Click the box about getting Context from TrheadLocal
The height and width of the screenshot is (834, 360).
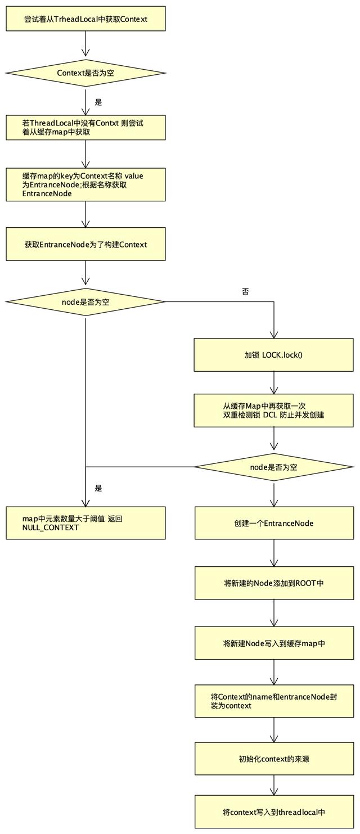(85, 19)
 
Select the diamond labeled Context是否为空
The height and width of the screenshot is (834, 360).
(85, 73)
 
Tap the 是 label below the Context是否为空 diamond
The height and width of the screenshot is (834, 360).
(98, 102)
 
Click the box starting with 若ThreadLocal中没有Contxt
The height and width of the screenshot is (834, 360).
(85, 128)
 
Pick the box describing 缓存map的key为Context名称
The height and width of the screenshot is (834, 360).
(85, 184)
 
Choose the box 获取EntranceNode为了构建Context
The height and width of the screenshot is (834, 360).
(85, 244)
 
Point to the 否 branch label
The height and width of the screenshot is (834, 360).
(245, 292)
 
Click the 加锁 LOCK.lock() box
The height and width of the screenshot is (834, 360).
(274, 355)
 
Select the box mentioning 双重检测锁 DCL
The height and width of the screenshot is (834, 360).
(274, 411)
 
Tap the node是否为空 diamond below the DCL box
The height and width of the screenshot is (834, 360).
(274, 467)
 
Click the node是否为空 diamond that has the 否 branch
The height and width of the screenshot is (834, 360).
(85, 302)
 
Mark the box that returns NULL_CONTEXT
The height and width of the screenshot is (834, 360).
(85, 523)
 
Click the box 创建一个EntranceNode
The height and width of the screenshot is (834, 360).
(274, 523)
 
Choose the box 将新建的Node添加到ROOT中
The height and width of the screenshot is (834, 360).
(274, 583)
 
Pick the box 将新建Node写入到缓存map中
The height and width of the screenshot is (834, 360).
(274, 643)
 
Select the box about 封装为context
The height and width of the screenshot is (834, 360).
(274, 701)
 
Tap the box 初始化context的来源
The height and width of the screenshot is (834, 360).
(274, 759)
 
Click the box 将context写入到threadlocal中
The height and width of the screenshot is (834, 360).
(274, 812)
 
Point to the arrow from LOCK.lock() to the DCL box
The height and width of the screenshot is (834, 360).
(274, 382)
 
